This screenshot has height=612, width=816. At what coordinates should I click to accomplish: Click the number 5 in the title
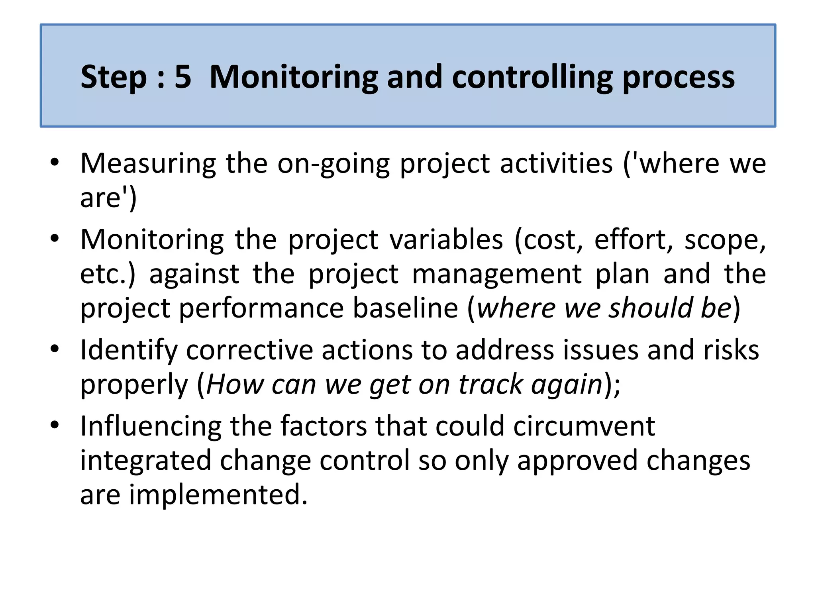(x=183, y=76)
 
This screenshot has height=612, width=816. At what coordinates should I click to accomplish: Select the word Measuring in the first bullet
(x=148, y=164)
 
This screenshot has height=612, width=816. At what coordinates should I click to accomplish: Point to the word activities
(x=556, y=163)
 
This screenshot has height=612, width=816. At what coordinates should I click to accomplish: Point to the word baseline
(x=405, y=308)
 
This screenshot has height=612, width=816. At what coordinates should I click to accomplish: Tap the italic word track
(x=490, y=384)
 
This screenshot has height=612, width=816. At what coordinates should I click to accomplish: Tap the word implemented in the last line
(x=218, y=494)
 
